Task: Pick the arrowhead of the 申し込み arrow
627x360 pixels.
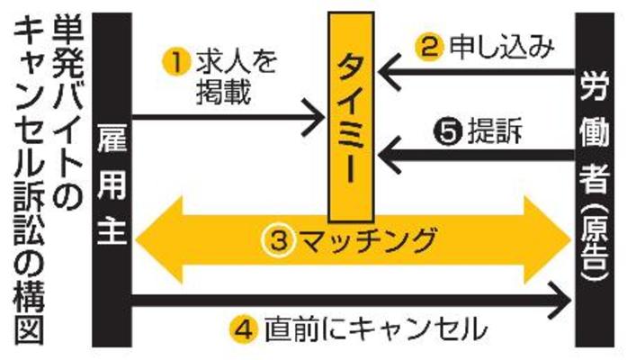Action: point(387,70)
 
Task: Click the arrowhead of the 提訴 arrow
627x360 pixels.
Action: point(387,155)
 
